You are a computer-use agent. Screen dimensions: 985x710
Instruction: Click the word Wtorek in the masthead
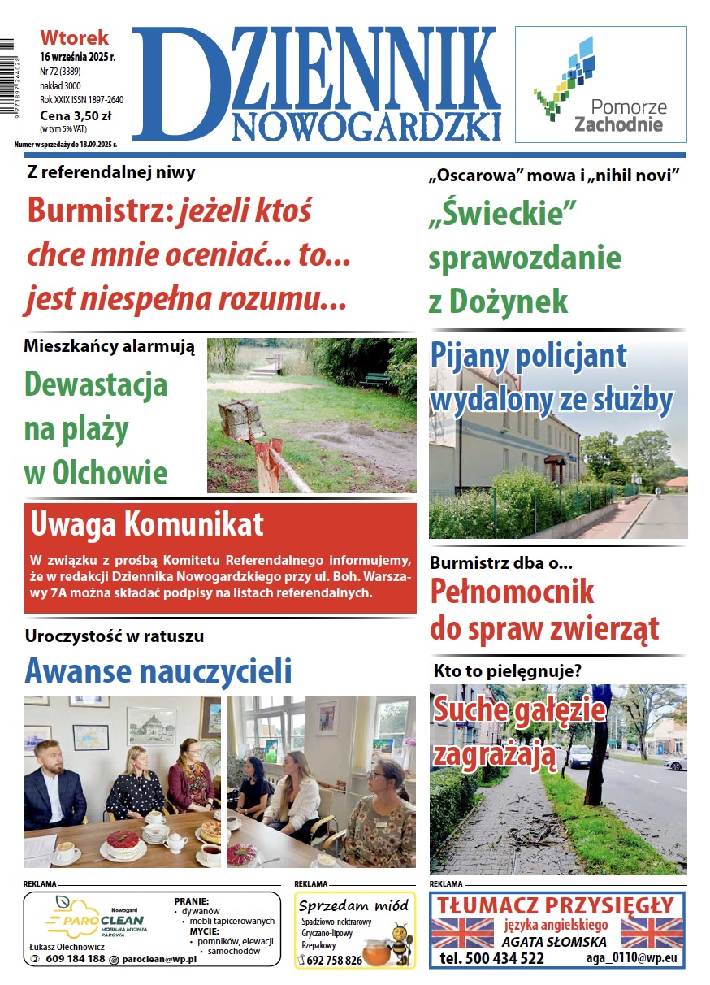tap(74, 37)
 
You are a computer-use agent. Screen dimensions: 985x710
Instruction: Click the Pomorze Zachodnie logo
tap(600, 85)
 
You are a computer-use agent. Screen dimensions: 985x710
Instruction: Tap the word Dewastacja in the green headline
tap(96, 384)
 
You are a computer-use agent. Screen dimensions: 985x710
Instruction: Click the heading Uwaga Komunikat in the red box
tap(147, 524)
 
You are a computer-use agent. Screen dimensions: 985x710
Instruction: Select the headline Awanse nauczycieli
tap(158, 671)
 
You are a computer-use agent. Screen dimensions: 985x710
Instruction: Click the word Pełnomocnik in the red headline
tap(512, 591)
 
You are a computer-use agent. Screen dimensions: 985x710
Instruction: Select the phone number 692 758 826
tap(336, 960)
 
